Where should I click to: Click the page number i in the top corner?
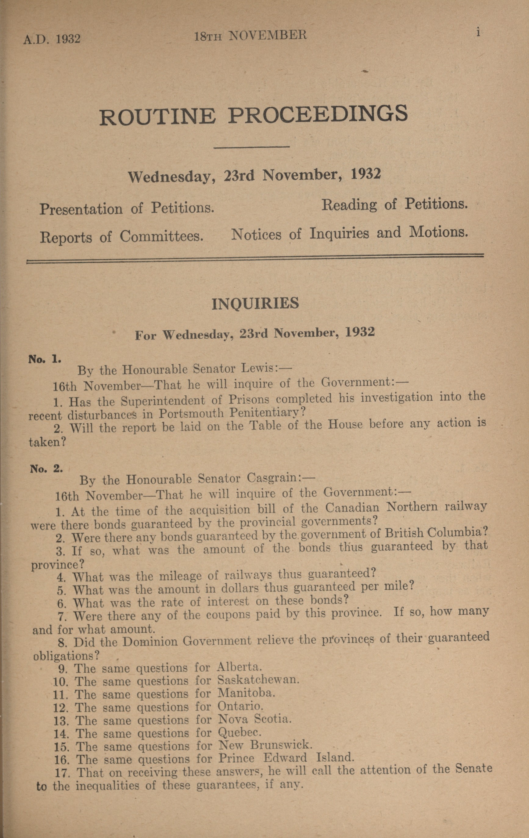[479, 32]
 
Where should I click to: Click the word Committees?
[161, 237]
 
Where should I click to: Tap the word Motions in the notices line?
[438, 232]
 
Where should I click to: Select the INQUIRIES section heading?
[255, 304]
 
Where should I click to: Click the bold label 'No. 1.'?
[45, 359]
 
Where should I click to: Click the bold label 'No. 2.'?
[46, 469]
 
